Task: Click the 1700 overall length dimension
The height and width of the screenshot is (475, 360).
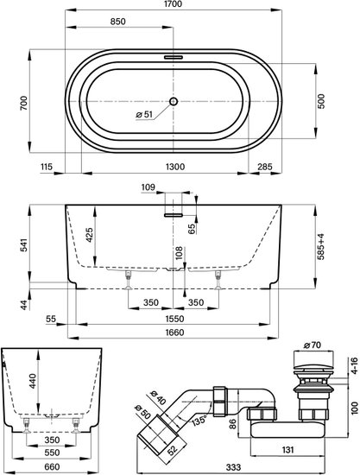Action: pos(174,4)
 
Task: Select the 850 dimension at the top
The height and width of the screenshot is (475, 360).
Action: pos(117,22)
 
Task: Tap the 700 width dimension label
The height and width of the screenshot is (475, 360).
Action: pos(24,103)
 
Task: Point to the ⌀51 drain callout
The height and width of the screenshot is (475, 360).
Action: pos(144,115)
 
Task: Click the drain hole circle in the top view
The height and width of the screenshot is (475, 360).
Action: pos(174,101)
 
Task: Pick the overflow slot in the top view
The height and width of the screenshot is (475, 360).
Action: pos(174,57)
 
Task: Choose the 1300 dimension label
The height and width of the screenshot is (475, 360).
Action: pos(175,167)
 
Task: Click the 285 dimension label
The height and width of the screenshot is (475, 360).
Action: pos(265,167)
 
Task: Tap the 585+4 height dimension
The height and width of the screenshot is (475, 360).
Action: pos(321,246)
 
